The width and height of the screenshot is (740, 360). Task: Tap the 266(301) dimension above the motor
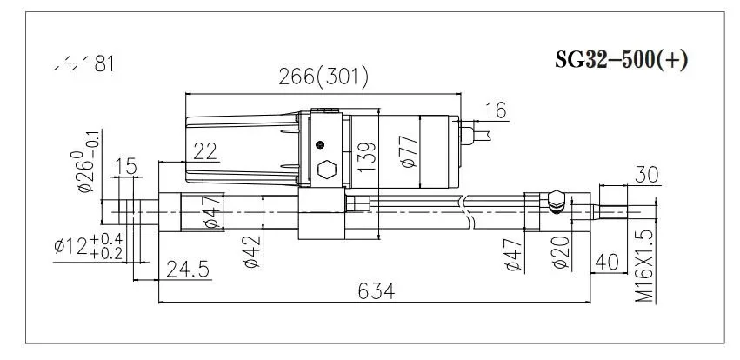tap(323, 77)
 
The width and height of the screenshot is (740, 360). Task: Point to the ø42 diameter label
tap(251, 252)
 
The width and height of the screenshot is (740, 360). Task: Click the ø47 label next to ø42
tap(210, 213)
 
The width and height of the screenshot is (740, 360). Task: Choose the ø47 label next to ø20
tap(514, 252)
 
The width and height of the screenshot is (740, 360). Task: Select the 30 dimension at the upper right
tap(645, 173)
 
